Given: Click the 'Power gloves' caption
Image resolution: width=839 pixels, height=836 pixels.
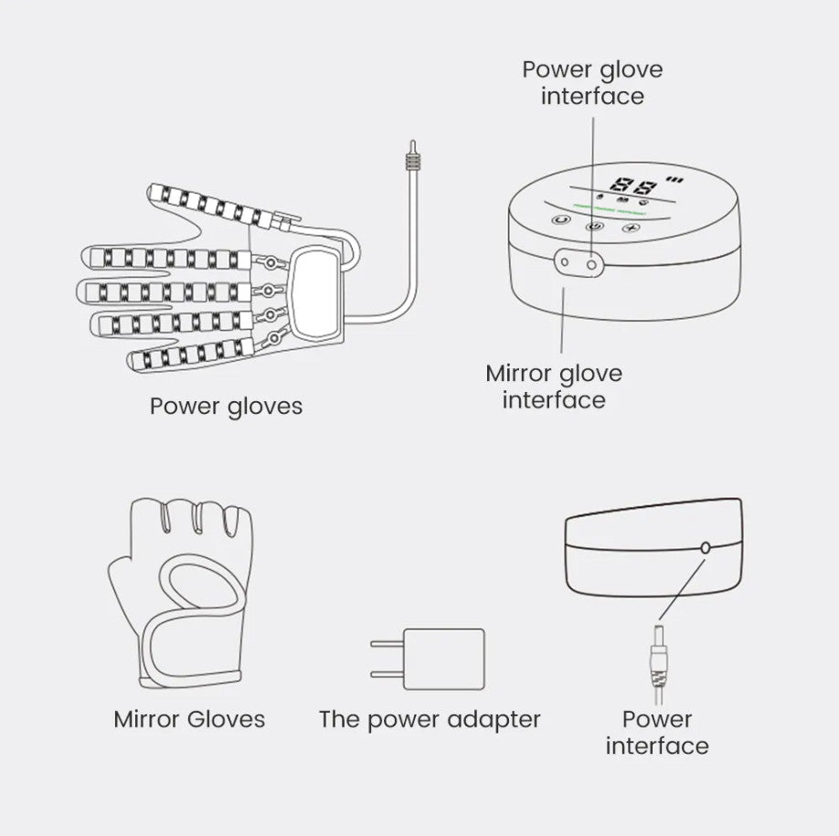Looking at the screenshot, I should (x=226, y=405).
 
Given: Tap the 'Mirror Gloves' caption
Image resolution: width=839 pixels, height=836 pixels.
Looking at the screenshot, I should (x=189, y=719).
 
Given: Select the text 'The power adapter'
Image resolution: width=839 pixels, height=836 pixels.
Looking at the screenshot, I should (x=430, y=719).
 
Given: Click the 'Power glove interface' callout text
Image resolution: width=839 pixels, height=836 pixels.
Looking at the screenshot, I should (x=592, y=82).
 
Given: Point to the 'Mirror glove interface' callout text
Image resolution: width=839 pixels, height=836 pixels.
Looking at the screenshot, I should (x=554, y=386).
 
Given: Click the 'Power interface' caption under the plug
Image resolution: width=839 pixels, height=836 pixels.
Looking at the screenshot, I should (x=656, y=732).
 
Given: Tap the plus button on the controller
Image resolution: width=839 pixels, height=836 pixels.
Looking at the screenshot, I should (x=629, y=227).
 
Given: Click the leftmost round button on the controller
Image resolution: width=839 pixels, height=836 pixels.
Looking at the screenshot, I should (x=558, y=220).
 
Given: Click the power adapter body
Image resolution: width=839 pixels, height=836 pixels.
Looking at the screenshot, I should (x=444, y=658).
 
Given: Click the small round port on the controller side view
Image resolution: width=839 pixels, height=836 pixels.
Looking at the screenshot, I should (x=706, y=547).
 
